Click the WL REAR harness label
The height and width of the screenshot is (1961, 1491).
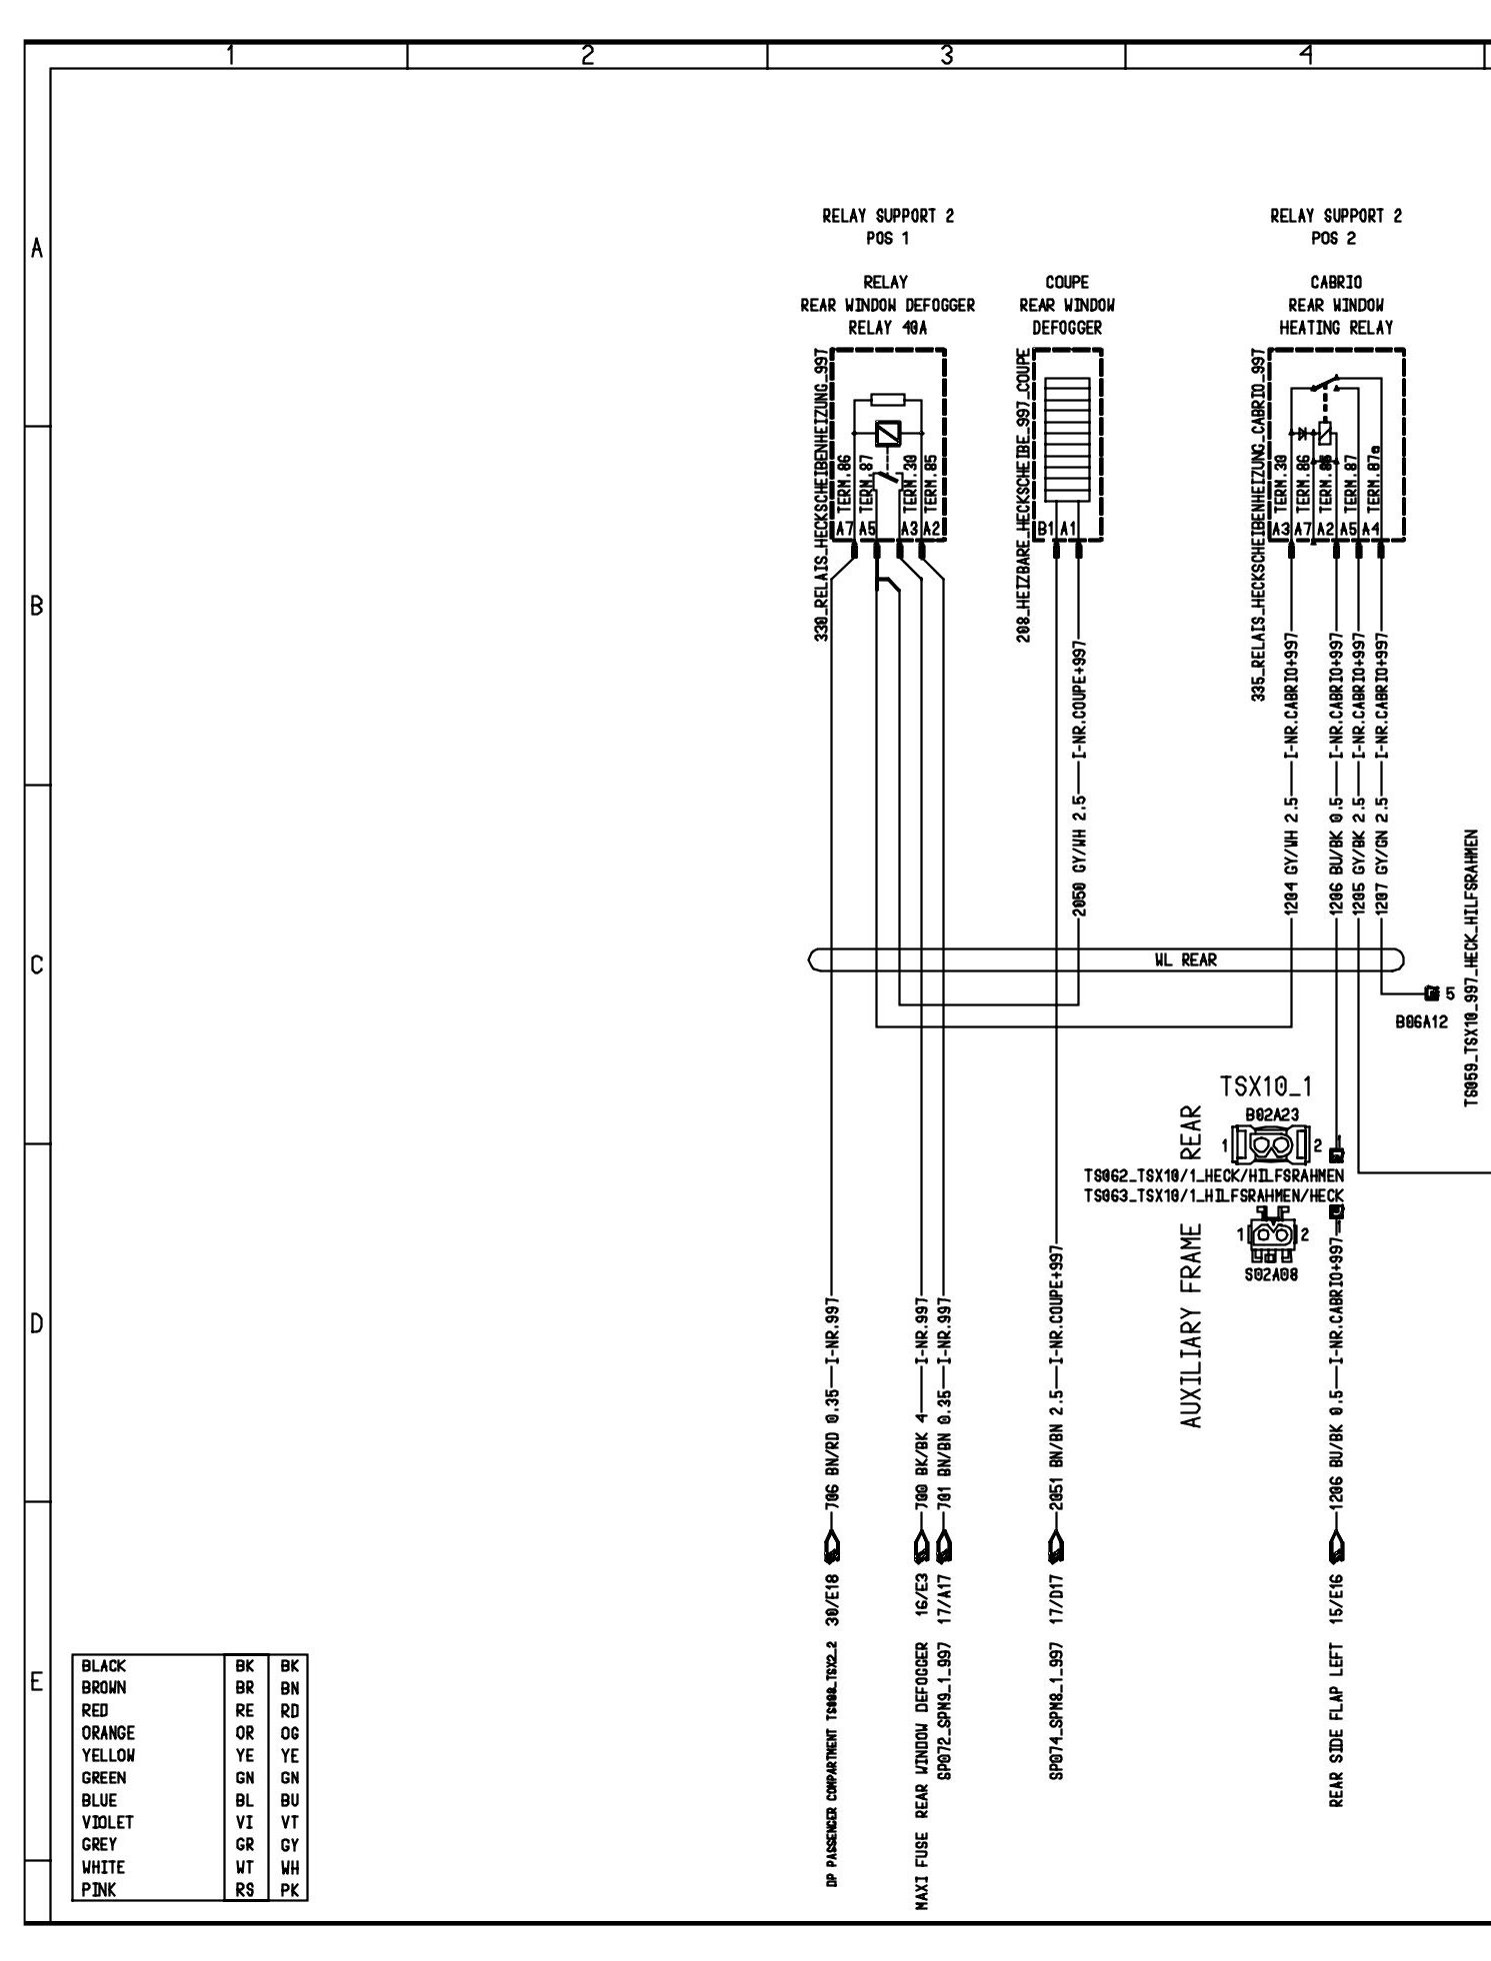pyautogui.click(x=1185, y=960)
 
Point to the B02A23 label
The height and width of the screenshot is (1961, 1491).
pyautogui.click(x=1272, y=1113)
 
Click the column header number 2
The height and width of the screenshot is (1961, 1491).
pyautogui.click(x=587, y=56)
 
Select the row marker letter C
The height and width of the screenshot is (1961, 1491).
pyautogui.click(x=37, y=966)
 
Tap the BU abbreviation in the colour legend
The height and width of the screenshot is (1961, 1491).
pyautogui.click(x=289, y=1800)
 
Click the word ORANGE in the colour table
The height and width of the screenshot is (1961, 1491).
pyautogui.click(x=108, y=1733)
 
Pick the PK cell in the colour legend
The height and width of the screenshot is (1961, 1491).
pyautogui.click(x=289, y=1890)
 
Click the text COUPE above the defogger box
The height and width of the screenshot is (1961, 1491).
pyautogui.click(x=1066, y=283)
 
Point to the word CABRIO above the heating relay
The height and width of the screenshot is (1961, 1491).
pyautogui.click(x=1335, y=283)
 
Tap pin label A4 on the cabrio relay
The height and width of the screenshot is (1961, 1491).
pyautogui.click(x=1381, y=529)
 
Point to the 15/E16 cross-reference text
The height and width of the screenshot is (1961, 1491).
pyautogui.click(x=1336, y=1599)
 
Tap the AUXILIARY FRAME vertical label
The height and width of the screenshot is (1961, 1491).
pyautogui.click(x=1190, y=1325)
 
